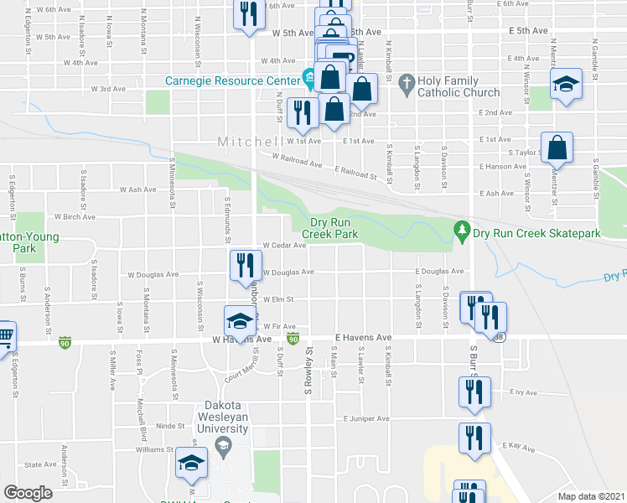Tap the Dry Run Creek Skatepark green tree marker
click(x=460, y=229)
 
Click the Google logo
click(x=28, y=493)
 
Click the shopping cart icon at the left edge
click(x=5, y=336)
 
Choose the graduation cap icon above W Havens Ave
click(x=239, y=319)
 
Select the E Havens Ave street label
click(x=364, y=337)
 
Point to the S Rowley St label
click(x=308, y=372)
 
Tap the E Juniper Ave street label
click(x=366, y=418)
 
